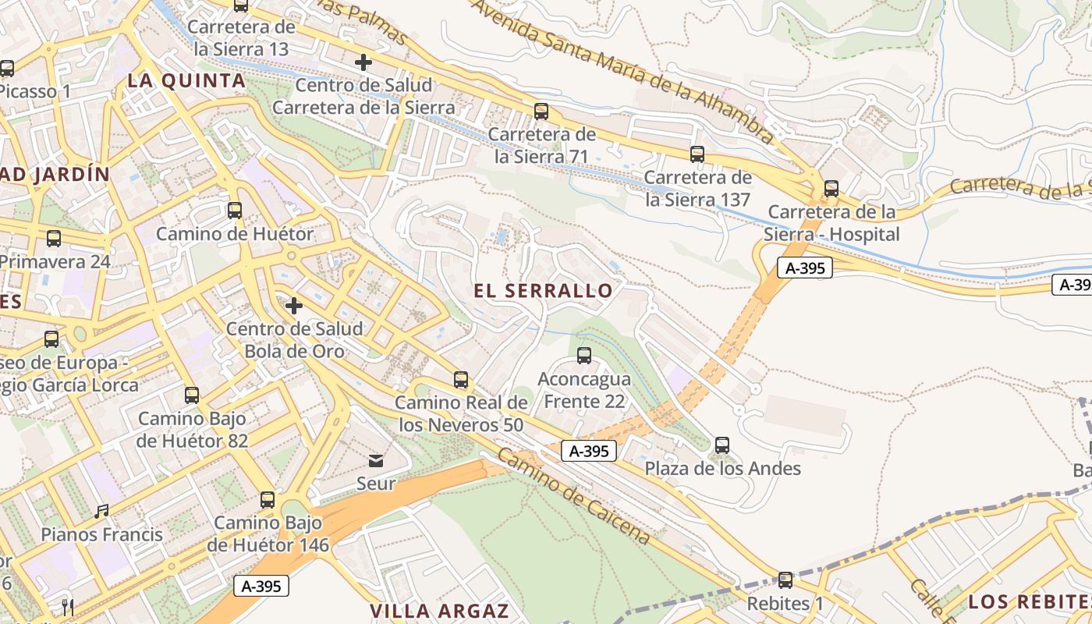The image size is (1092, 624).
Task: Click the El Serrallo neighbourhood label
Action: pos(544,291)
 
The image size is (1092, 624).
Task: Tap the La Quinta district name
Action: pos(186,80)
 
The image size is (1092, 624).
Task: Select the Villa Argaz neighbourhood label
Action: pos(439,611)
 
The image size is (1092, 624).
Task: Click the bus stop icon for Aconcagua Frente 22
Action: pos(584,356)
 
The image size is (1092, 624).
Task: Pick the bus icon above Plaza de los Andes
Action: pos(722,445)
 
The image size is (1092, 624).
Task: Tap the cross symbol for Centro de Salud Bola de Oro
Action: pos(294,306)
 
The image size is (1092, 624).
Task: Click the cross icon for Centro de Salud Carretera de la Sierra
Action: pos(363,62)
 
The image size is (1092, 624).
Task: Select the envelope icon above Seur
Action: pos(376,461)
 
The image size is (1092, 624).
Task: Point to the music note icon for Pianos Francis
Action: pos(101,512)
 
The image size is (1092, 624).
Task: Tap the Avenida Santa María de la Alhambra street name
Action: pos(624,70)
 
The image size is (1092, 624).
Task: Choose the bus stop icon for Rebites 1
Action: pos(785,580)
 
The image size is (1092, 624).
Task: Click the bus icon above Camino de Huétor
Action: pos(235,210)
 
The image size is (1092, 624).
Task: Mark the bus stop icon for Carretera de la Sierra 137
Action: pos(697,154)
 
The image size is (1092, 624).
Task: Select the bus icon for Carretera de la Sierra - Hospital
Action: pos(831,189)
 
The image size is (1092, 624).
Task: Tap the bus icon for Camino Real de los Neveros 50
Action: pos(461,380)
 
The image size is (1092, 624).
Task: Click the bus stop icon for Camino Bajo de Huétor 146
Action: pos(268,499)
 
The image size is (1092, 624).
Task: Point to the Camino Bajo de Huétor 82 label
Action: pos(193,430)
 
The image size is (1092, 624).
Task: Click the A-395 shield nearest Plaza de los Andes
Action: pos(589,451)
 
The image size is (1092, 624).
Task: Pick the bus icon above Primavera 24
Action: pos(54,239)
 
